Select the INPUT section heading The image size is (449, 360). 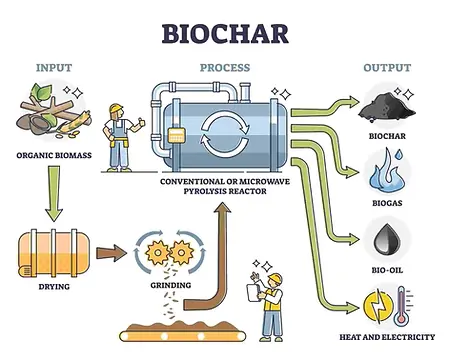pyautogui.click(x=54, y=68)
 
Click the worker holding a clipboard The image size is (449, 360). pyautogui.click(x=271, y=300)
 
